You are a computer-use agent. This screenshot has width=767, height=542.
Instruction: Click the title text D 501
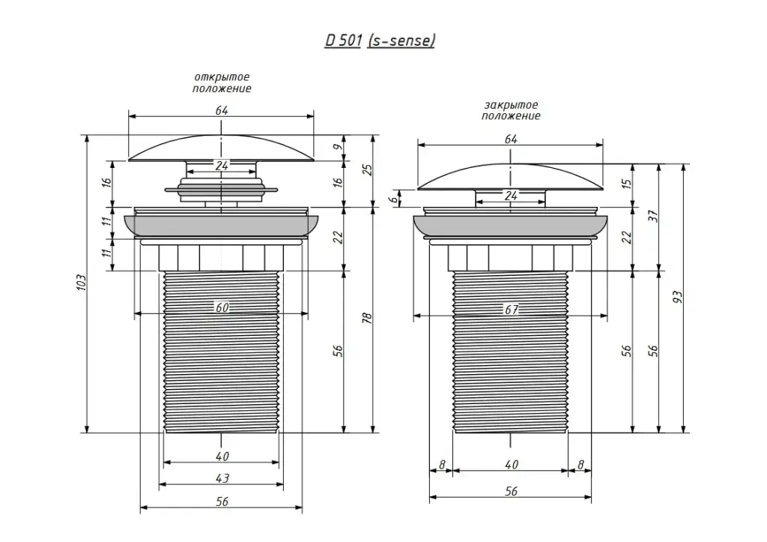tap(344, 40)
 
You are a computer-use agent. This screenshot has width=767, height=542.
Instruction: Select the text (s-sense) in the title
tap(401, 40)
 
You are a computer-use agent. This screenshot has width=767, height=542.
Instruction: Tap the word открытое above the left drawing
tap(222, 77)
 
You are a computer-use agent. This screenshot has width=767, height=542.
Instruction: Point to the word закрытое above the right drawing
tap(511, 106)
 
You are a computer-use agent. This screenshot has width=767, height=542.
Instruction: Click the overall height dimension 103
tap(82, 283)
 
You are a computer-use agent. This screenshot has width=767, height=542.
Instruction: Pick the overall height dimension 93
tap(678, 296)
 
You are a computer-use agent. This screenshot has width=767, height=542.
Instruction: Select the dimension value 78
tap(366, 318)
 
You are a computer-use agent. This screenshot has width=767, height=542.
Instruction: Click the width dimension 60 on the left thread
tap(222, 307)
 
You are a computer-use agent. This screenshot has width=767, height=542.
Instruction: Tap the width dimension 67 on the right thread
tap(512, 310)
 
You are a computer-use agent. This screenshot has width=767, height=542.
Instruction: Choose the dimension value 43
tap(222, 478)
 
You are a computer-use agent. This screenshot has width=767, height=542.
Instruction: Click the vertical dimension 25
tap(366, 169)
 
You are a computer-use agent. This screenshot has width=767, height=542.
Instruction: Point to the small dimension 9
tap(338, 147)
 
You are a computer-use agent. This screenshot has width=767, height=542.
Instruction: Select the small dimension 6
tap(392, 199)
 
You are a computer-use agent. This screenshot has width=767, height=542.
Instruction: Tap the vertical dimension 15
tap(627, 181)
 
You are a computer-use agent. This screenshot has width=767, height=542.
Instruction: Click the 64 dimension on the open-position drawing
tap(222, 110)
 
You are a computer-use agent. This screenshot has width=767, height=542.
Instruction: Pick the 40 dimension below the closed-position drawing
tap(512, 465)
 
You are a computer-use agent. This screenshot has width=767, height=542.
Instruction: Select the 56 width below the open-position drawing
tap(222, 502)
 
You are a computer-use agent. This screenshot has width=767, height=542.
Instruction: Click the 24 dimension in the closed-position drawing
tap(512, 196)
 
